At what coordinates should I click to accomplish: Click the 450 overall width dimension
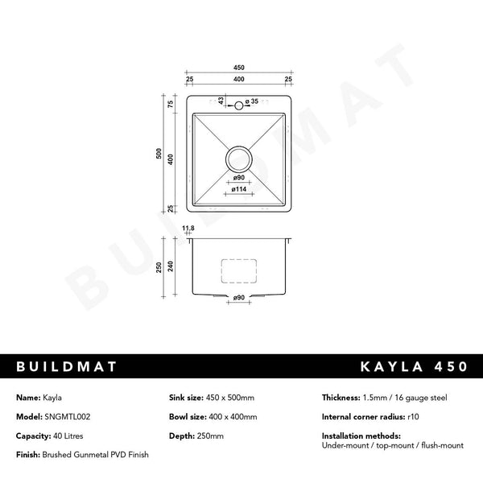(239, 67)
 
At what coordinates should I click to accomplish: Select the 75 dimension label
(171, 105)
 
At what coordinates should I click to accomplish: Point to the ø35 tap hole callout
(251, 102)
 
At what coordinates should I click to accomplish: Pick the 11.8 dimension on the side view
(189, 229)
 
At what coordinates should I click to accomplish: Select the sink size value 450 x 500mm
(229, 398)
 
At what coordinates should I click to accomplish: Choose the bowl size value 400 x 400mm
(231, 417)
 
